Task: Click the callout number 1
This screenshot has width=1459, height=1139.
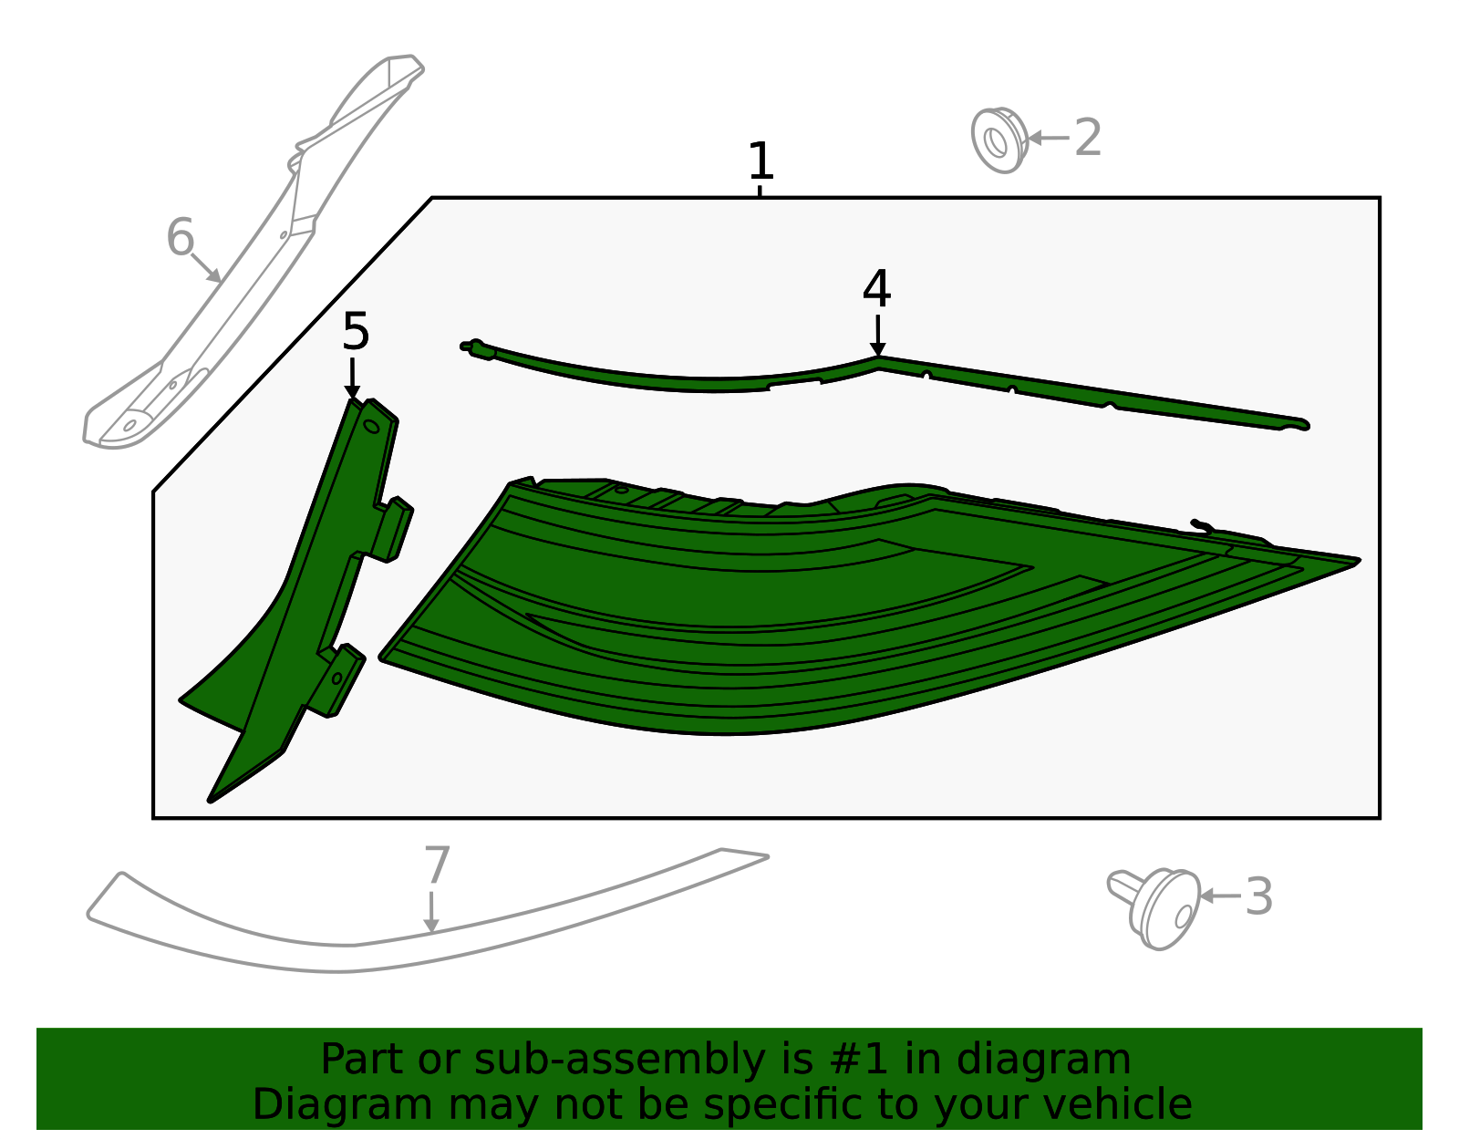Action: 761,160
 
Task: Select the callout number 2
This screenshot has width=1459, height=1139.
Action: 1088,138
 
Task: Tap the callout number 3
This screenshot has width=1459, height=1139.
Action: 1259,896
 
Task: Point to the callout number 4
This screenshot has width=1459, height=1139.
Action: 877,289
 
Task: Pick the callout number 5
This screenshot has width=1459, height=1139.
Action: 356,332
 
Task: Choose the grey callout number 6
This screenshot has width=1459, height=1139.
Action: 181,237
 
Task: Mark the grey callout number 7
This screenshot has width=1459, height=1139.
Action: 437,865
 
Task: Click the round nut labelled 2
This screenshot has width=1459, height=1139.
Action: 999,140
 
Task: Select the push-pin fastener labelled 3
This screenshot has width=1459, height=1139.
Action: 1154,909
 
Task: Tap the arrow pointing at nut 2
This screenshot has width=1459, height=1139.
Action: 1048,139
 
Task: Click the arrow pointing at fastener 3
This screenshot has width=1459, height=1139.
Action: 1220,896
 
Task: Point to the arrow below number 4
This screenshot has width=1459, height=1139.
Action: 877,336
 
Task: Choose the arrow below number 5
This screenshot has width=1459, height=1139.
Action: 352,378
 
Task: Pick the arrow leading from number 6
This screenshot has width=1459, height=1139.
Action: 206,268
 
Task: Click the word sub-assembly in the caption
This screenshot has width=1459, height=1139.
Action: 619,1060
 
